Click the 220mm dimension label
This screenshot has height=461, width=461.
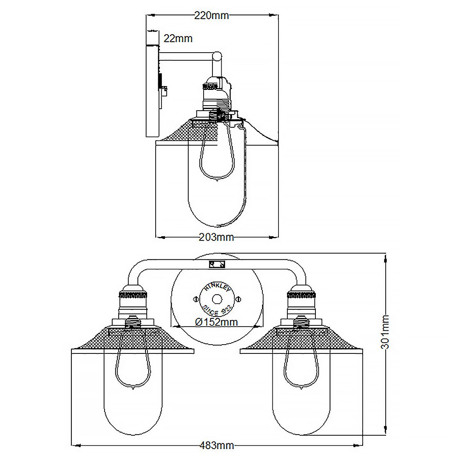(x=211, y=15)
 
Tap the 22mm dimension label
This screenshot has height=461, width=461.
(x=178, y=38)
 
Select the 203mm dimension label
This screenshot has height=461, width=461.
(x=216, y=237)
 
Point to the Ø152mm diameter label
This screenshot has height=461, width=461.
(x=216, y=322)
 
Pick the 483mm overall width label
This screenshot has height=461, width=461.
(x=217, y=446)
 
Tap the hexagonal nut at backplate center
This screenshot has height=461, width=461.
(x=216, y=299)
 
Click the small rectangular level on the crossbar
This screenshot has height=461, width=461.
(x=217, y=265)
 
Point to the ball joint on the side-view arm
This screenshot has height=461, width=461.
(x=217, y=56)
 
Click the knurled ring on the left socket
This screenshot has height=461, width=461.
(x=133, y=295)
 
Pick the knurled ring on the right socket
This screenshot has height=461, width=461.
(x=302, y=295)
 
